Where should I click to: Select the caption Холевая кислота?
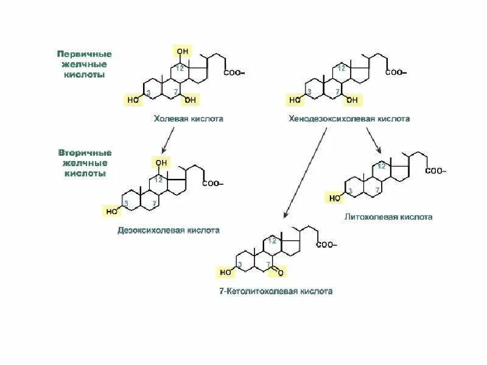tap(188, 119)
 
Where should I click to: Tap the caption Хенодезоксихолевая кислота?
tap(349, 119)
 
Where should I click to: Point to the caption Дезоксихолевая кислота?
tap(169, 231)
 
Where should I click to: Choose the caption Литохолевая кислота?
tap(388, 217)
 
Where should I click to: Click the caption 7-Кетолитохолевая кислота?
tap(276, 291)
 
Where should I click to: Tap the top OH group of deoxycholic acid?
tap(161, 162)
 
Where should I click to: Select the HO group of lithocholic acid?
tap(335, 198)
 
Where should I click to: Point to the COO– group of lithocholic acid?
tap(435, 171)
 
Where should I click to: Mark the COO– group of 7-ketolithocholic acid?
tap(326, 245)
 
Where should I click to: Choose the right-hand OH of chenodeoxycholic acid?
tap(352, 100)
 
